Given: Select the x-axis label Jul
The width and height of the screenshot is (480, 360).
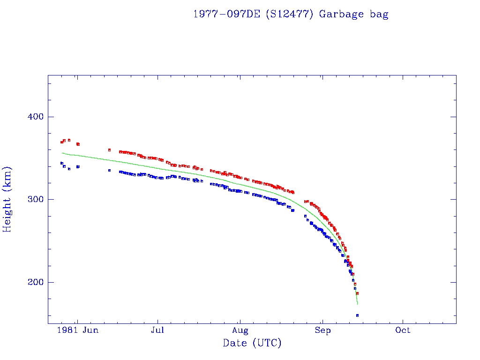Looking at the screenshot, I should tap(157, 330).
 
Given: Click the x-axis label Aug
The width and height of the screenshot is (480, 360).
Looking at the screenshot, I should tap(240, 330).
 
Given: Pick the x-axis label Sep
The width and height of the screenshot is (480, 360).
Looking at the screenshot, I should tap(322, 330).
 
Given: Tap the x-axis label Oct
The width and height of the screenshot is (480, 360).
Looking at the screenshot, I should tap(403, 330).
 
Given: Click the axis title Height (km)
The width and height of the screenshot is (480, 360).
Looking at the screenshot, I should tap(7, 199).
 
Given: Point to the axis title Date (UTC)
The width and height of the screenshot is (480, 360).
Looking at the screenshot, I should tap(252, 343).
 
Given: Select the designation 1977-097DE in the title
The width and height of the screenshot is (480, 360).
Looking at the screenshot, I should tap(227, 14).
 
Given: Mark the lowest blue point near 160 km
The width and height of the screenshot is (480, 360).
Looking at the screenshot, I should tap(357, 315).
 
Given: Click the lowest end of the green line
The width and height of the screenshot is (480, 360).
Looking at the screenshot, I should tap(357, 304).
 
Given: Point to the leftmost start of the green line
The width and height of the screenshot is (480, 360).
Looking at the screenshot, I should tap(62, 153).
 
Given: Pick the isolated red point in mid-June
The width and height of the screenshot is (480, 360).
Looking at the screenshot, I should tap(109, 150).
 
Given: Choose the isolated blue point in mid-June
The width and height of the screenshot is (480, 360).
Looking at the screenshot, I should tap(109, 170).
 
